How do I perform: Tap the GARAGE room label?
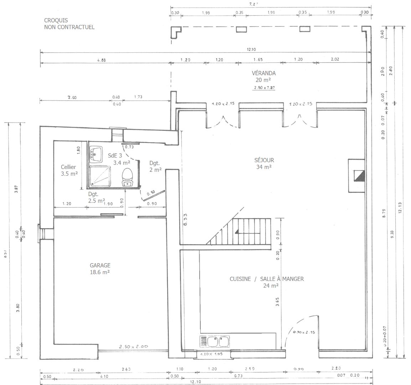coord(100,265)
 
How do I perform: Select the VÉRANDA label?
coord(264,73)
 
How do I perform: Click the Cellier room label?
coord(68,167)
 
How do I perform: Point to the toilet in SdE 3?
coord(128,177)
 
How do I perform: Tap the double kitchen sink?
coord(218,342)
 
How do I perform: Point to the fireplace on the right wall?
coord(358,175)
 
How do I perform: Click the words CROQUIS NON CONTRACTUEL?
coord(69,24)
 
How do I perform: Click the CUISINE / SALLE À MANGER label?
coord(267,279)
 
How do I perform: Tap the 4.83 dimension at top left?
coord(102,60)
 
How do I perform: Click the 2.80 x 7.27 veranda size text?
coord(264,88)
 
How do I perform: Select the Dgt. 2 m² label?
coord(155,166)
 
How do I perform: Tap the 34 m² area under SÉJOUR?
coord(264,167)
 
